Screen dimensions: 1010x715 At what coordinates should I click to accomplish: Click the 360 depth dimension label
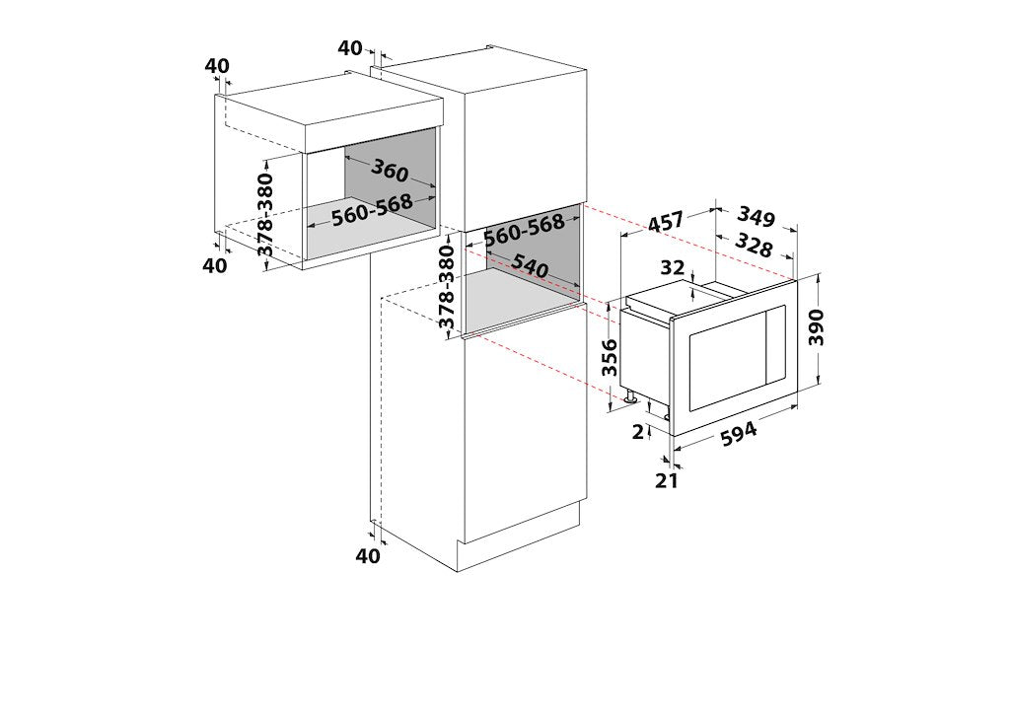coord(390,170)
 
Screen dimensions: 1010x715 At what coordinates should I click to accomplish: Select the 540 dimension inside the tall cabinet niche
coord(530,266)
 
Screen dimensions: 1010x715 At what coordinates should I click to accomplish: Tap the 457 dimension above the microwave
coord(665,222)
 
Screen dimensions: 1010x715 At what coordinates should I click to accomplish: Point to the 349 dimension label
coord(756,216)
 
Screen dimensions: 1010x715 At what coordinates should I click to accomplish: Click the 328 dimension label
coord(753,245)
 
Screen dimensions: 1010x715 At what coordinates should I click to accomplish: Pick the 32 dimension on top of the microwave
coord(672,266)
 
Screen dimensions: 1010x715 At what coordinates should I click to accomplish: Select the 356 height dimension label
coord(610,358)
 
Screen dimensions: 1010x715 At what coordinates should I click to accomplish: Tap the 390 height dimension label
coord(816,327)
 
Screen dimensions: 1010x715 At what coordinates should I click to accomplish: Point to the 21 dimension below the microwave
coord(667,480)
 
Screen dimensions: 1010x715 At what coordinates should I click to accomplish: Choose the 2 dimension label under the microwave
coord(638,432)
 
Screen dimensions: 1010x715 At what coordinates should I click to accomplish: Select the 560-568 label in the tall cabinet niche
coord(525,231)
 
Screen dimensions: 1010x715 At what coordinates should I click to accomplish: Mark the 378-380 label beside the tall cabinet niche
coord(447,288)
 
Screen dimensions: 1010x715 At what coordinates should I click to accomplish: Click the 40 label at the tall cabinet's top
coord(350,47)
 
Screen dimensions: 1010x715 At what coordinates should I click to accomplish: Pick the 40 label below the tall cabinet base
coord(369,555)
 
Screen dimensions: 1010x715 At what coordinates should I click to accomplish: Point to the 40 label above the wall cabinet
coord(218,66)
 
